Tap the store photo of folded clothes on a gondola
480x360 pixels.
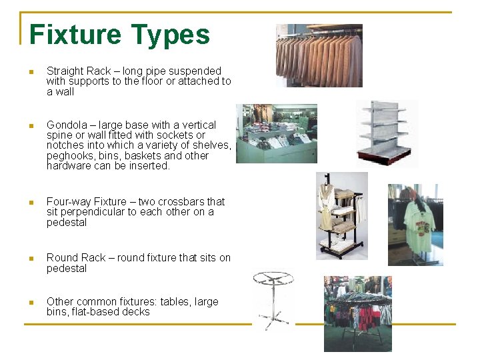click(x=276, y=133)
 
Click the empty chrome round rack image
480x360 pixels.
click(x=273, y=300)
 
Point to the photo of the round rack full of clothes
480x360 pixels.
click(x=357, y=313)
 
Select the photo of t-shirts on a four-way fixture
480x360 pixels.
click(x=415, y=225)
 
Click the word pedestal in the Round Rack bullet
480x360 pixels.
click(x=67, y=268)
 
